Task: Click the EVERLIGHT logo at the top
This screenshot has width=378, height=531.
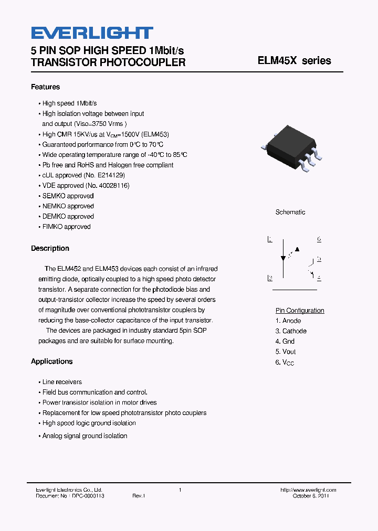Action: (92, 33)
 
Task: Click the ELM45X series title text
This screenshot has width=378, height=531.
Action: (294, 61)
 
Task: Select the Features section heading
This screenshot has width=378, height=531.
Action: (45, 87)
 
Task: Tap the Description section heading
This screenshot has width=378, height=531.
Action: (50, 249)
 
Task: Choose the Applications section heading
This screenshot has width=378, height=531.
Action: (51, 362)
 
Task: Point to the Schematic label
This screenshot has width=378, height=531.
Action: (290, 213)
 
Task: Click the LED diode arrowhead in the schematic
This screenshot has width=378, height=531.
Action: (283, 258)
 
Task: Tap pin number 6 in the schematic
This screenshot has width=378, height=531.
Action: (319, 240)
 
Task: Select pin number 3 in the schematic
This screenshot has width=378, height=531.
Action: (269, 279)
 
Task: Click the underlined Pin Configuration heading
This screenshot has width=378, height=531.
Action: (300, 311)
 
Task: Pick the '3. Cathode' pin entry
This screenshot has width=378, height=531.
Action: (291, 331)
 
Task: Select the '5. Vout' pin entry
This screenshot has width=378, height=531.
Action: (286, 352)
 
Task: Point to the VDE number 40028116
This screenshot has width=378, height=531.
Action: (111, 186)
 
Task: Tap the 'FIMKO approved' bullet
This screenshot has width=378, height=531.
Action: (66, 227)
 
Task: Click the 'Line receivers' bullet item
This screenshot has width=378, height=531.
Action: (62, 382)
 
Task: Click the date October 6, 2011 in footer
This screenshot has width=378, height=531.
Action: (311, 496)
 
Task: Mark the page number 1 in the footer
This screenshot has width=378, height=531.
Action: (180, 490)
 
